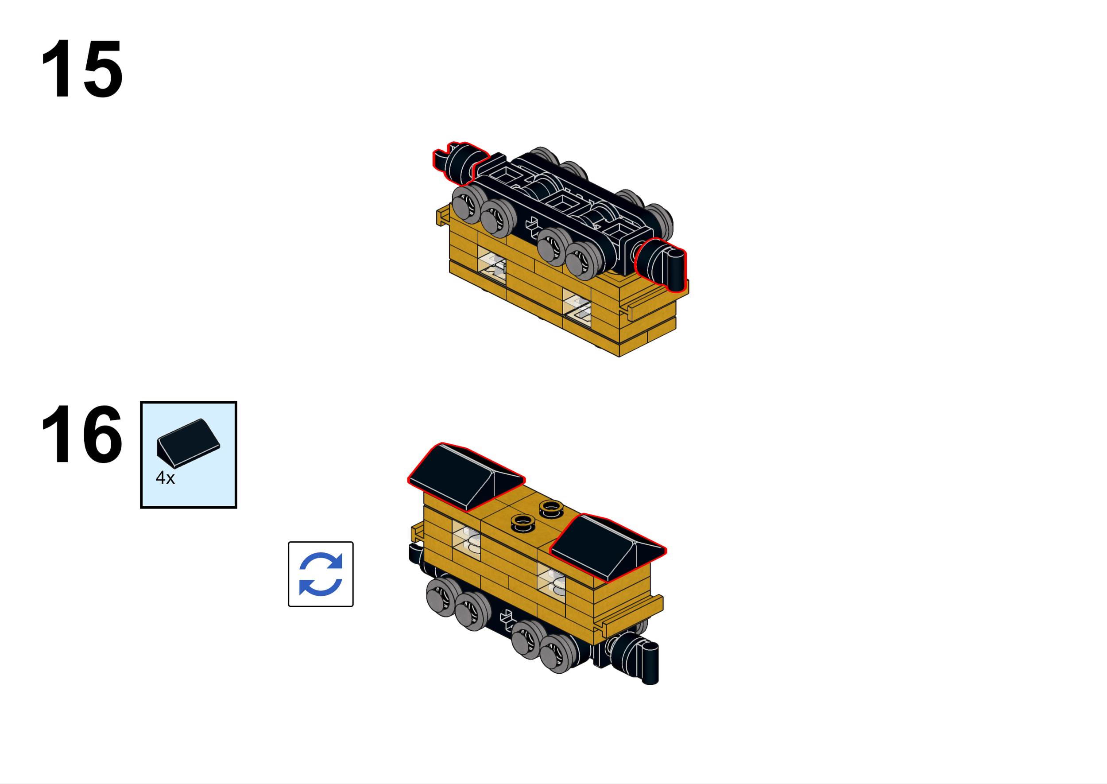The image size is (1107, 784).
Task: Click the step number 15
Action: (82, 69)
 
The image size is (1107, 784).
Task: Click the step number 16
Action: (82, 434)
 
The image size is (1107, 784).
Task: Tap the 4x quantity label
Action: (165, 478)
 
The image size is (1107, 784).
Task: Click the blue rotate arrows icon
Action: (321, 574)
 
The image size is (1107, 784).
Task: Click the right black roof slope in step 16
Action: (606, 547)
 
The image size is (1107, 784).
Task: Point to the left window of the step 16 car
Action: (466, 540)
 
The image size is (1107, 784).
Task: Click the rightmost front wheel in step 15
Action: (585, 261)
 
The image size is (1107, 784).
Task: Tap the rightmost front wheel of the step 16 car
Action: (559, 653)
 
